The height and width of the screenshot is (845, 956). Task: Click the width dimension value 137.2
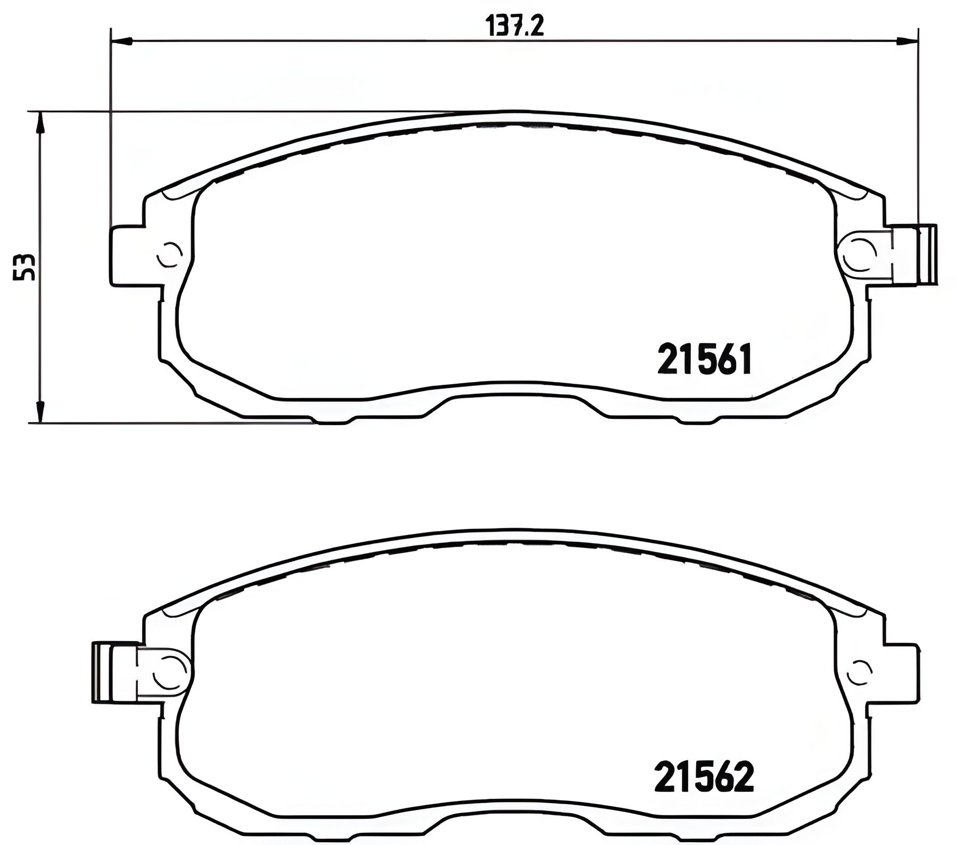pyautogui.click(x=515, y=26)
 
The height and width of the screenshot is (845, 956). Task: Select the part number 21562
pyautogui.click(x=704, y=776)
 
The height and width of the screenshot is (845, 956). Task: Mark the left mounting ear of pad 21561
pyautogui.click(x=128, y=256)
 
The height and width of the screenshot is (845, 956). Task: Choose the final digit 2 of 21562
pyautogui.click(x=744, y=776)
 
